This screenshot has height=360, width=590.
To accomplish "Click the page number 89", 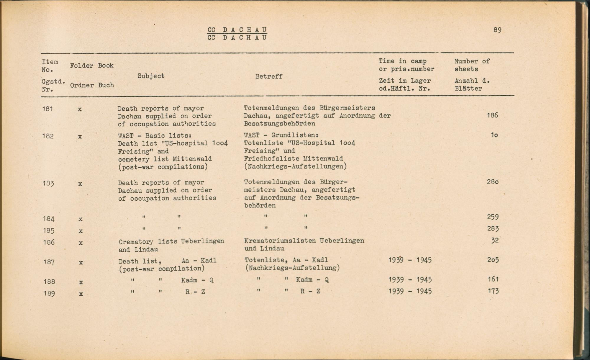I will tap(497, 30).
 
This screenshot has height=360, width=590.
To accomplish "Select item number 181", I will tap(47, 109).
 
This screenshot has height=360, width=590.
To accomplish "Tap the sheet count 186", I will tap(492, 115).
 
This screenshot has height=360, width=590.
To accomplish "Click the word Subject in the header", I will tap(151, 76).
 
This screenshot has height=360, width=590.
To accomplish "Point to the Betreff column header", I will tap(269, 76).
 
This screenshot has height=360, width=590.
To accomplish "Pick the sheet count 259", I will tap(493, 217).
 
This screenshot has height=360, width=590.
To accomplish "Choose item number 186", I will tap(49, 242).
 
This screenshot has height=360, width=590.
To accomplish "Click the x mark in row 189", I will tap(81, 294).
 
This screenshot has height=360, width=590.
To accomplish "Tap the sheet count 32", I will tap(495, 240).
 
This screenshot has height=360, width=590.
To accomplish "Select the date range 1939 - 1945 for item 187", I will tap(410, 260).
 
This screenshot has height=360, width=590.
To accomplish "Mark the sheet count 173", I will tap(493, 291).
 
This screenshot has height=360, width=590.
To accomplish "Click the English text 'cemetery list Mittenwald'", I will tap(165, 159).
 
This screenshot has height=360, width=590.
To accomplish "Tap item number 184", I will tap(49, 219).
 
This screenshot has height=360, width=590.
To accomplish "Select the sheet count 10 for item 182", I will tap(494, 135).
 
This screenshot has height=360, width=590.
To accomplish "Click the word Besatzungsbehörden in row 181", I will tap(279, 123).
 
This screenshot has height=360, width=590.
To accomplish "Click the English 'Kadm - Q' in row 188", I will tap(197, 280).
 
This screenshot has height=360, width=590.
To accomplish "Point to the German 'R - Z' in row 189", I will tap(310, 291).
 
